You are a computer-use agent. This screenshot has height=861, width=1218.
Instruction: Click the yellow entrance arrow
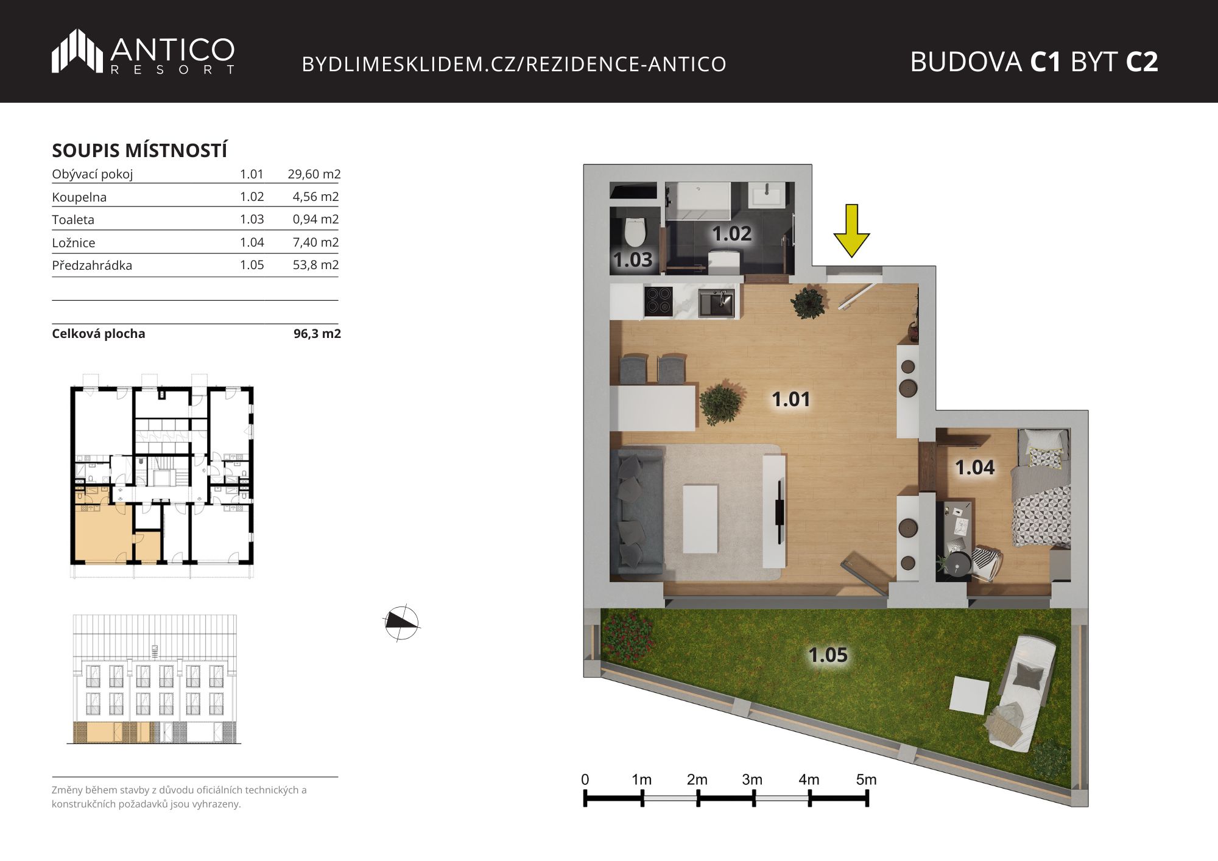[851, 231]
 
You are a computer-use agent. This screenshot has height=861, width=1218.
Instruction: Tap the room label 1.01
[790, 399]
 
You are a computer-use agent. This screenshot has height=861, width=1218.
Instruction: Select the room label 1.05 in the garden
[828, 655]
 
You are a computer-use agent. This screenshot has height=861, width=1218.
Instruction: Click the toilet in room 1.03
[635, 231]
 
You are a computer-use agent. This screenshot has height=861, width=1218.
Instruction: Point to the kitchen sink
[717, 303]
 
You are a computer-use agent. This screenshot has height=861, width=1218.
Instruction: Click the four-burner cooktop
[658, 301]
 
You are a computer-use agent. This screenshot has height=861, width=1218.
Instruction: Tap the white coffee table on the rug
[700, 518]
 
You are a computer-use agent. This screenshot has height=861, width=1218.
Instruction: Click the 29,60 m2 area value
[314, 174]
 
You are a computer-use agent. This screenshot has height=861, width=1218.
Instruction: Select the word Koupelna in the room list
[79, 197]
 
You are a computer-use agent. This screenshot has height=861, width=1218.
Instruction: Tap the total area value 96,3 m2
[317, 334]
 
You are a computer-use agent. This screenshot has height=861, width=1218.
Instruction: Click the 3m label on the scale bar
[752, 779]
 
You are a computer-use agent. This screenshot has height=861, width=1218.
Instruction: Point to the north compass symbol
[401, 623]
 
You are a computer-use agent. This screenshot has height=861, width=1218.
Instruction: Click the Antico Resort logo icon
[77, 51]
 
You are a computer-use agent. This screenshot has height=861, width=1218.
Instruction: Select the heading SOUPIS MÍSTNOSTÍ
[139, 150]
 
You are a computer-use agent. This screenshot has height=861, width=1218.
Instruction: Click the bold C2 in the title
[1141, 62]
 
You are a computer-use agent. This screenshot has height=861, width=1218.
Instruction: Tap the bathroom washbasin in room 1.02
[766, 195]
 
